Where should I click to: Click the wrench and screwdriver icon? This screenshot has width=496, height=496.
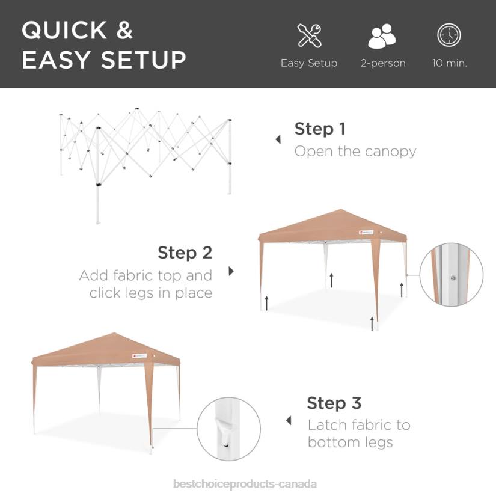pos(309,35)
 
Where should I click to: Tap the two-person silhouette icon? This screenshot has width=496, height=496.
pos(382,37)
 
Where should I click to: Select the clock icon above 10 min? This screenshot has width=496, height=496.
pos(449,35)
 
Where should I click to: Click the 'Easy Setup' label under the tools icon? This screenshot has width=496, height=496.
pos(309,63)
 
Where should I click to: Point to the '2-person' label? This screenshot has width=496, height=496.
pos(383,63)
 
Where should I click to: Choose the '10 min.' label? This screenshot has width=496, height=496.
pos(449,63)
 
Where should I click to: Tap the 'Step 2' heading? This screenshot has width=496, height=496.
pos(185,253)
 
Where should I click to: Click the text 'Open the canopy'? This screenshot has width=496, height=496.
pos(355,151)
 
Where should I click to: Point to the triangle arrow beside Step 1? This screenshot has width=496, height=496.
pos(278,139)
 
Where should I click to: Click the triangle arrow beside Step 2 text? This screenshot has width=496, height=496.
pos(231,271)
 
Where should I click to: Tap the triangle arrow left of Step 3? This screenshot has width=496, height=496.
pos(289,421)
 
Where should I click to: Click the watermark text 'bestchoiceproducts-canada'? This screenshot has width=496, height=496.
pos(244,483)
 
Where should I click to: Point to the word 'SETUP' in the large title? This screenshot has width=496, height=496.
pos(144,60)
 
